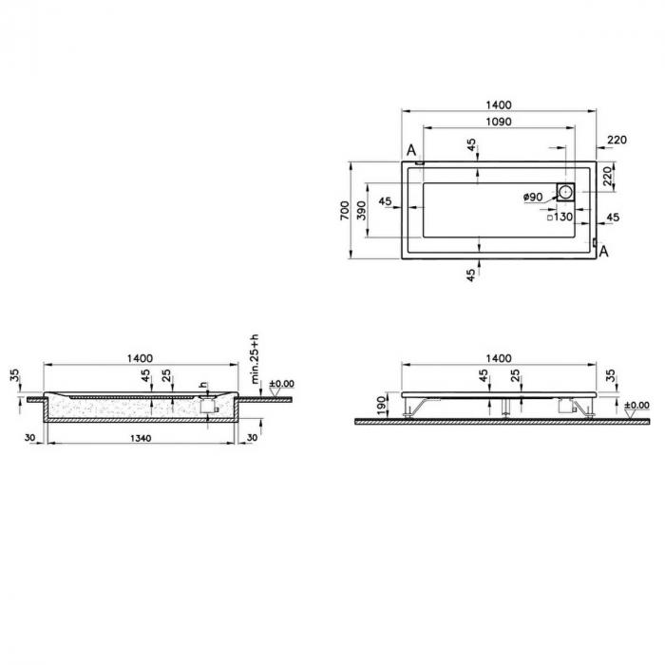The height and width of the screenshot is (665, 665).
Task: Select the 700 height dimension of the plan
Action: pyautogui.click(x=344, y=210)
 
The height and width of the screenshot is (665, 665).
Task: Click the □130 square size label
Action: pyautogui.click(x=560, y=217)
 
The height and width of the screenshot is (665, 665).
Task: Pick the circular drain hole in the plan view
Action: pyautogui.click(x=566, y=191)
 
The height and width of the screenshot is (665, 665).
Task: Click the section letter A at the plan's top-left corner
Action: pyautogui.click(x=411, y=150)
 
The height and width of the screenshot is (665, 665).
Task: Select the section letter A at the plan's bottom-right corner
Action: pyautogui.click(x=603, y=251)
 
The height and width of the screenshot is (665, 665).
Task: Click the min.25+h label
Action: pyautogui.click(x=255, y=359)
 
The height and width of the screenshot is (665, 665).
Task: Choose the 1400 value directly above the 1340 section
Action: pyautogui.click(x=140, y=357)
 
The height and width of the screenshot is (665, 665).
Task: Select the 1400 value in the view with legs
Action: pyautogui.click(x=498, y=357)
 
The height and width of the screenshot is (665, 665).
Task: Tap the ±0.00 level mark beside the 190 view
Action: pyautogui.click(x=637, y=405)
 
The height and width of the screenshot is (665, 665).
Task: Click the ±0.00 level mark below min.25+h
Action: pyautogui.click(x=282, y=383)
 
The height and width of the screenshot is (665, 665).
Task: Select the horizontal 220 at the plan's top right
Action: pyautogui.click(x=617, y=140)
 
